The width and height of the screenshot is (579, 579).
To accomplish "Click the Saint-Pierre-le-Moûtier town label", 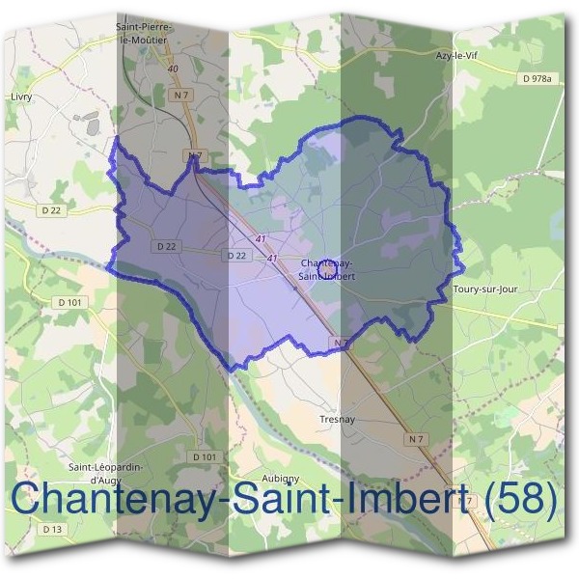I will [x=141, y=34].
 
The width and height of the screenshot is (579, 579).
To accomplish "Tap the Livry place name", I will [x=20, y=97].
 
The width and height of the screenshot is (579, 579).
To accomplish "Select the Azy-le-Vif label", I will [x=456, y=56].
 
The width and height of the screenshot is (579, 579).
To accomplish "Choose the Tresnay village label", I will [x=337, y=420].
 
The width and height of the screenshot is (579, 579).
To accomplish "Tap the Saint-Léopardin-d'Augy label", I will [x=105, y=472].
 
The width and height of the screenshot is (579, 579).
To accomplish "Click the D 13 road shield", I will [x=52, y=529].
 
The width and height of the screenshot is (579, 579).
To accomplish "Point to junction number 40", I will [x=173, y=69].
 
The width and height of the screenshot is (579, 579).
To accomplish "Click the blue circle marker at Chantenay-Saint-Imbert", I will [x=327, y=263].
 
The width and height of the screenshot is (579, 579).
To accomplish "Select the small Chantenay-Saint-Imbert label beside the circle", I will [x=327, y=269].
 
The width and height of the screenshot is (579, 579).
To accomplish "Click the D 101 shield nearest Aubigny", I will [x=204, y=456].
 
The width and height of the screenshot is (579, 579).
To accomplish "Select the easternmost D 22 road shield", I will [x=236, y=255].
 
